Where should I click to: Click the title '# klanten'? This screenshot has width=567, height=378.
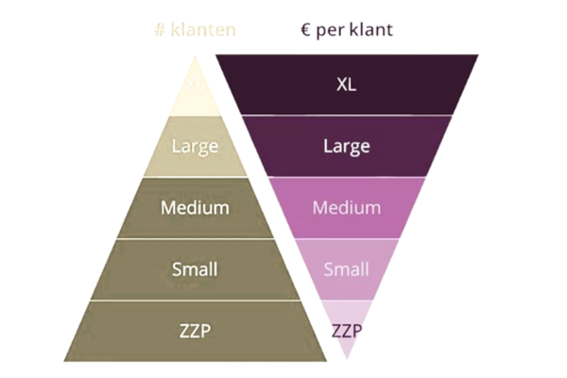[x=195, y=30]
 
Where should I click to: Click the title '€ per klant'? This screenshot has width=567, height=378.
[x=346, y=30]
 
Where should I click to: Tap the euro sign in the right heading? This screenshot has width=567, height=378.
[x=305, y=30]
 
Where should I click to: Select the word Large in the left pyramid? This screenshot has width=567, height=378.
[x=195, y=146]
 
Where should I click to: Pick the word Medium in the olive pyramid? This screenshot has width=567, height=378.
[x=195, y=207]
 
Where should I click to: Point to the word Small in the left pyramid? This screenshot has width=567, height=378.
[x=195, y=269]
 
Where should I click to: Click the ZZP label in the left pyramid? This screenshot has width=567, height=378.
[x=195, y=331]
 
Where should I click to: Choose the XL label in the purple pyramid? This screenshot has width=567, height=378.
[x=346, y=84]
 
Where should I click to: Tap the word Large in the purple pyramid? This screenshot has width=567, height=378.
[x=346, y=146]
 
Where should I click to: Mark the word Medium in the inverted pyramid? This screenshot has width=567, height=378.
[x=346, y=207]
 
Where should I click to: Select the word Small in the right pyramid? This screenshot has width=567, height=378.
[x=346, y=269]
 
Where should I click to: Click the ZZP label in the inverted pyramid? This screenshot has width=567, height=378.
[x=346, y=331]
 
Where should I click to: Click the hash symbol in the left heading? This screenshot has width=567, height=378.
[x=157, y=30]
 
